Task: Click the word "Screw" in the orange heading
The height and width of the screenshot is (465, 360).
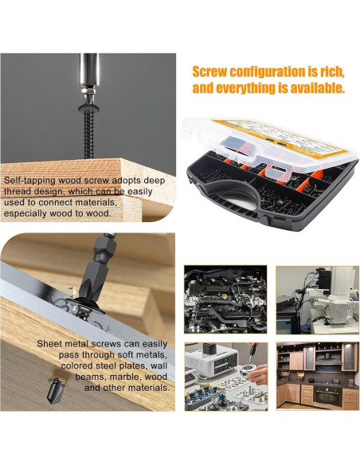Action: point(213,70)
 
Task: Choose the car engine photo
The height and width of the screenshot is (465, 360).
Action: point(226,299)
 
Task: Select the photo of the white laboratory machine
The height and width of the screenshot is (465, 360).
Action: point(316,299)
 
